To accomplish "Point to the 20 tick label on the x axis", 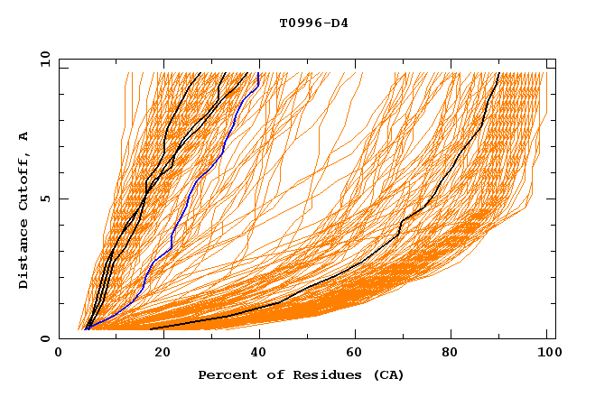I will [157, 355].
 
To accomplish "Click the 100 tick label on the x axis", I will [547, 355].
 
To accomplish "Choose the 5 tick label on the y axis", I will [43, 198].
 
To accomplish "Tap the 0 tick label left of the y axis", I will [43, 338].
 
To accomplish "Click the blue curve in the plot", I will [187, 198].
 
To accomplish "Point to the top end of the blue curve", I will [259, 73].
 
